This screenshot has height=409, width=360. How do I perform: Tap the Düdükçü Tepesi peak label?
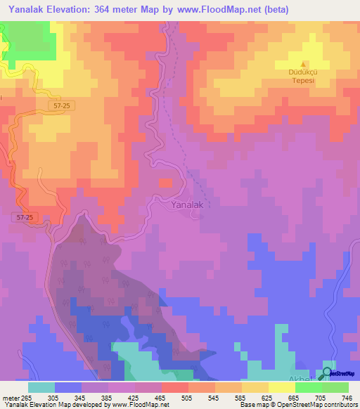click(304, 75)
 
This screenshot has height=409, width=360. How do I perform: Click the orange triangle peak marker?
click(304, 63)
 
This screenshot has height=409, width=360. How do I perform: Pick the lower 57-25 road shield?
click(25, 218)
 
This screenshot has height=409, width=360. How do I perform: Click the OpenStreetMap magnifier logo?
click(328, 373)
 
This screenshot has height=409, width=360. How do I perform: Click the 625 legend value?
click(266, 397)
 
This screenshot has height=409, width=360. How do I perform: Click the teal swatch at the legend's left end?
click(41, 387)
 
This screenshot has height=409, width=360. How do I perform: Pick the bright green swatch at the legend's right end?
click(335, 387)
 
